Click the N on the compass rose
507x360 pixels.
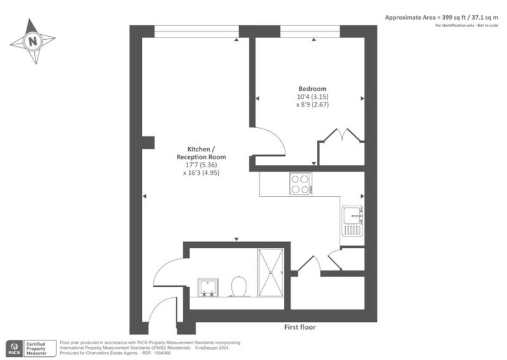(x=33, y=41)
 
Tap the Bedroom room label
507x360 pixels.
(x=312, y=89)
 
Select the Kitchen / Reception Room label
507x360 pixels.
(x=201, y=153)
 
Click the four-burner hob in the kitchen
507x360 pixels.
(x=300, y=184)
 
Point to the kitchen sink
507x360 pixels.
(x=352, y=221)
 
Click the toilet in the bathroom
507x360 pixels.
(x=239, y=286)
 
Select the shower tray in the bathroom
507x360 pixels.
(x=271, y=273)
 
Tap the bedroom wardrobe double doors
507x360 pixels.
(x=342, y=135)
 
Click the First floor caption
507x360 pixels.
(x=300, y=327)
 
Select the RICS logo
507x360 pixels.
(x=15, y=349)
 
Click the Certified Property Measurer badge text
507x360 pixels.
(x=36, y=349)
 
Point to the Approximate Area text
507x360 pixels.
(x=441, y=18)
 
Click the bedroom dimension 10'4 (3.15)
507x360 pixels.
(x=312, y=97)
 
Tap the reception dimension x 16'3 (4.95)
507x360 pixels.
(x=201, y=173)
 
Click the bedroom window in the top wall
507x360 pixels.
(x=310, y=32)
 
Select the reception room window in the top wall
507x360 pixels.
(x=196, y=32)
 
